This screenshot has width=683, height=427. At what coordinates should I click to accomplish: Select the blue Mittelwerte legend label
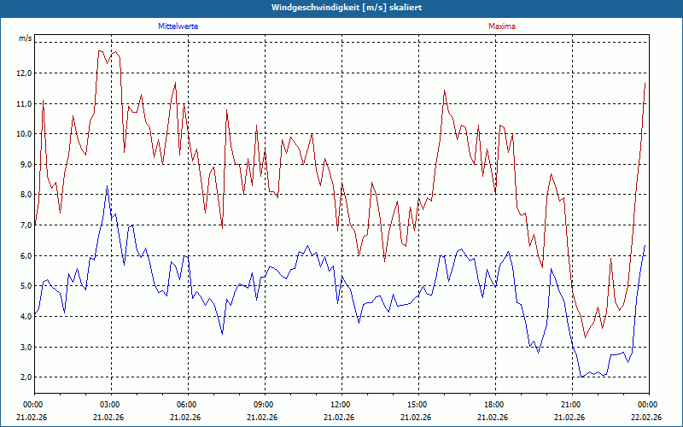coord(178,26)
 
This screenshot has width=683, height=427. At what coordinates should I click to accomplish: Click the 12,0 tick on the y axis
coord(23,73)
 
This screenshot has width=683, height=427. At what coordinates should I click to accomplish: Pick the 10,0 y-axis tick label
coord(23,134)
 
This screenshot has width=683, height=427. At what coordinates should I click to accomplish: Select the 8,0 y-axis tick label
coord(23,195)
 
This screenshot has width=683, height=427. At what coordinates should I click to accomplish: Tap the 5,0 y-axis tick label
coord(23,286)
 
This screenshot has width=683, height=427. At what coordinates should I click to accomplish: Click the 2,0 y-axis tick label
coord(23,377)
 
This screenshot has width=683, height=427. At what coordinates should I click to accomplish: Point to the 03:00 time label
coord(110,404)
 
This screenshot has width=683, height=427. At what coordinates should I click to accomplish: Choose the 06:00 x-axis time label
coord(187,404)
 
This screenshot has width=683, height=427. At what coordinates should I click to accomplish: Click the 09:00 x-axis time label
coord(264,404)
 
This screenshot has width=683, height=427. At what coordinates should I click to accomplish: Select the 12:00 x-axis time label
coord(341,404)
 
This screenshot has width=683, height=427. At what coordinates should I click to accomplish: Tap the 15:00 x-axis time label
coord(417,404)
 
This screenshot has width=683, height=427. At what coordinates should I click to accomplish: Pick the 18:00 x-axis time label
coord(494,404)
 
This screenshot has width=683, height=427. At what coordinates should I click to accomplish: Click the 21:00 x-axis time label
coord(571,404)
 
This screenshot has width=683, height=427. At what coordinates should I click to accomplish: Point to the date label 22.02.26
coord(645,418)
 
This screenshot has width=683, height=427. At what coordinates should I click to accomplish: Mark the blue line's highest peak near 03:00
coord(107,186)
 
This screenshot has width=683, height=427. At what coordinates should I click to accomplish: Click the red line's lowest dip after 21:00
coord(585,336)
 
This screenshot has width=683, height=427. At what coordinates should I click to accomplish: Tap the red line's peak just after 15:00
coord(445,90)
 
